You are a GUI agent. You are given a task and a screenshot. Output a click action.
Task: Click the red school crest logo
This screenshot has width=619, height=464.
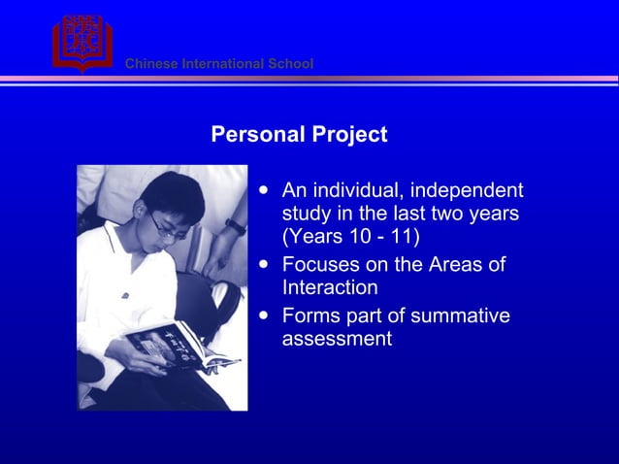(x=81, y=42)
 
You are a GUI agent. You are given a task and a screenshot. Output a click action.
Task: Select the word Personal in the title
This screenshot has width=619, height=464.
(x=253, y=135)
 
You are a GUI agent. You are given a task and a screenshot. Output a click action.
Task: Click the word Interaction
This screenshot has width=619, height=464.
(x=330, y=288)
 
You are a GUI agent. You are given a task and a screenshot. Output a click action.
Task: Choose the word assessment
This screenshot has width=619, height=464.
(x=337, y=339)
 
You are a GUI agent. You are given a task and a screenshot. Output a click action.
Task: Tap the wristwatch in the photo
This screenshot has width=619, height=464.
(x=236, y=226)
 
